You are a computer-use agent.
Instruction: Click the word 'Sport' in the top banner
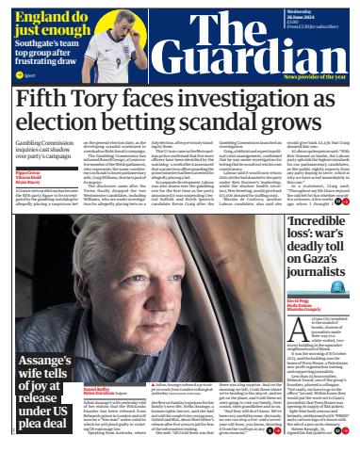point(29,73)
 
